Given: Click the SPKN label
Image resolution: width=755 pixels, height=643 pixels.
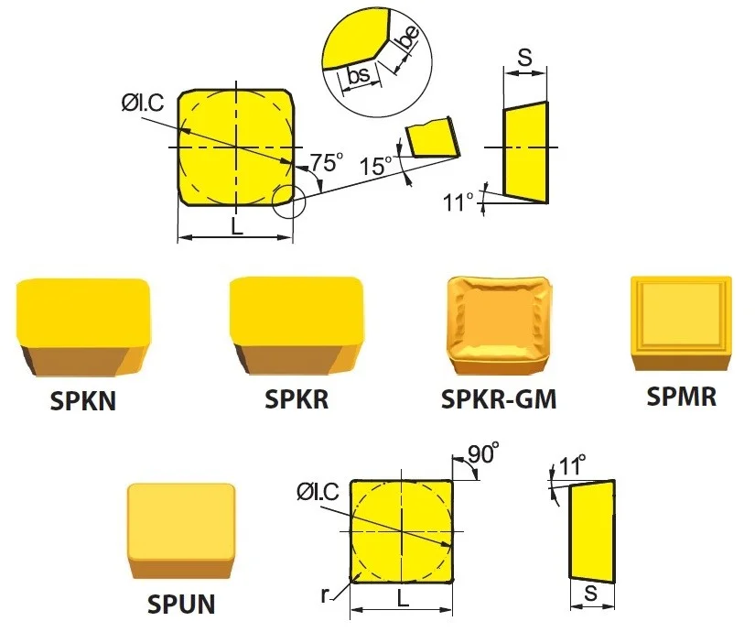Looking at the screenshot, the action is [82, 400].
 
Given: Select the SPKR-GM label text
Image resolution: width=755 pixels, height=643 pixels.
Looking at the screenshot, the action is [499, 399].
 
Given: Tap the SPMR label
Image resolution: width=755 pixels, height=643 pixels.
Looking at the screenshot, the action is [681, 397].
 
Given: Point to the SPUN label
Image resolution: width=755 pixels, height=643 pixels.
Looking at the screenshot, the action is [181, 604].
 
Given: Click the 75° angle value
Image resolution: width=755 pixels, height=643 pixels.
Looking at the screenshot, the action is [327, 162].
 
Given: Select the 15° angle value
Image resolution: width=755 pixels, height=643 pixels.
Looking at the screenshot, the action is [376, 167].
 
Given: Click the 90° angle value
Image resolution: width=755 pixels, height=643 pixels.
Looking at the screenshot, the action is [482, 453].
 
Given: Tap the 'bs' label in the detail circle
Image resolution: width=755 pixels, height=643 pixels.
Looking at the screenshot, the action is [359, 74].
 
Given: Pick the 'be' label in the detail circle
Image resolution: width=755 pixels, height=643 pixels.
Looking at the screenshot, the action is [408, 38].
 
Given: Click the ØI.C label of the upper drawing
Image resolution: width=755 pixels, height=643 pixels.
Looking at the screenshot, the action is [143, 103].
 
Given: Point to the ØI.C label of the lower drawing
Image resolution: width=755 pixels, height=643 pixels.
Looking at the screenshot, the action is [318, 492].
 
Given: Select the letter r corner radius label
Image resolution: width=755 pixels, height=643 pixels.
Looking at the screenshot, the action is [325, 594].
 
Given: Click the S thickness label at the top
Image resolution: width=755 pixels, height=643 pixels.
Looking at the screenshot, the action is [525, 58].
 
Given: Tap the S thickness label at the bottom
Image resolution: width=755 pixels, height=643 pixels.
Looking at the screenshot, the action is [591, 594].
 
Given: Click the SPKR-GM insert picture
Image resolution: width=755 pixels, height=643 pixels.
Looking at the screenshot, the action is [500, 325].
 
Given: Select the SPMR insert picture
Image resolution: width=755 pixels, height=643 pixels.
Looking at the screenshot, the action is [681, 323].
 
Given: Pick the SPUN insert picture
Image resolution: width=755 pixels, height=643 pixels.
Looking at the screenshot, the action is [181, 530].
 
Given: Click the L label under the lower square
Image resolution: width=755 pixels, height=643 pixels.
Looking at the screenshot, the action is [403, 598].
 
